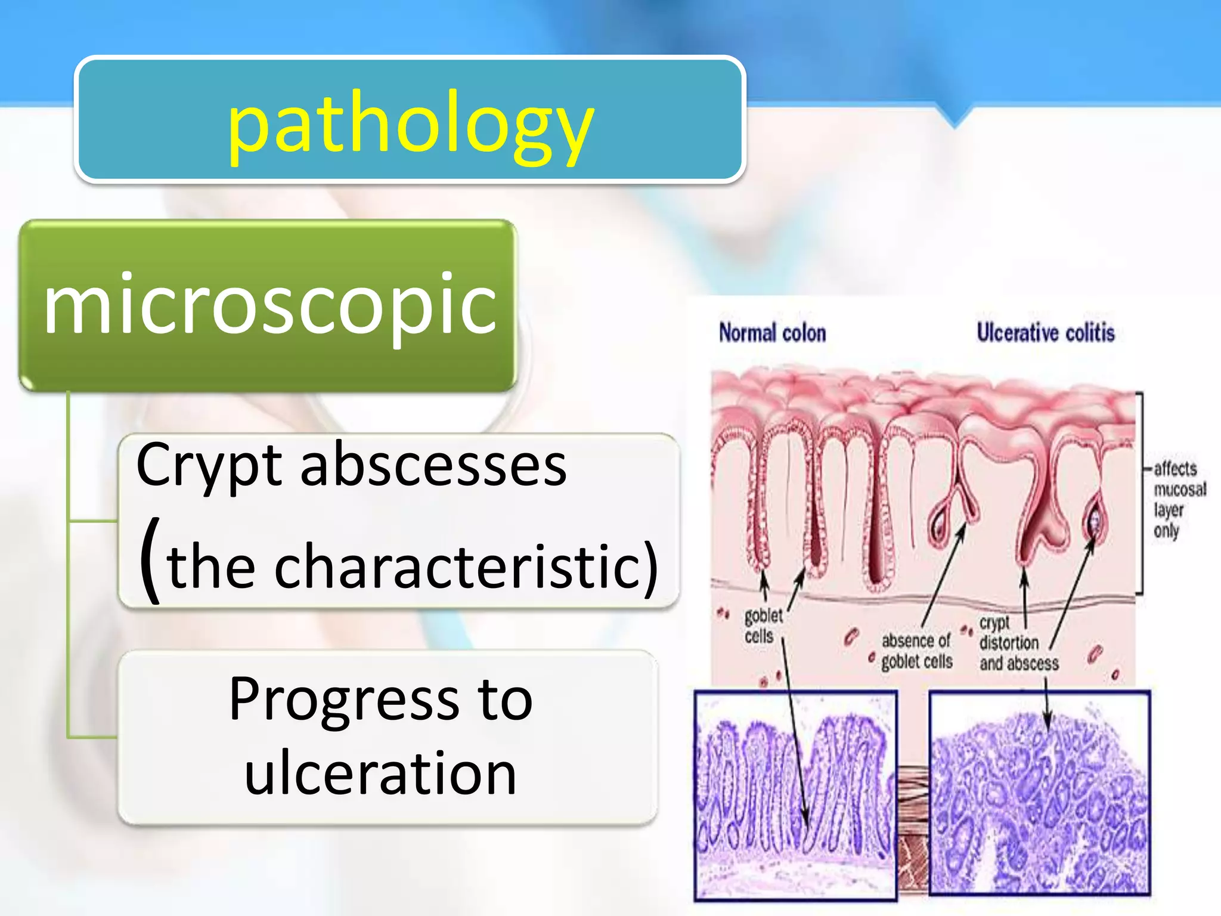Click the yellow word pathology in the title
410,126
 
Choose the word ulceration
380,773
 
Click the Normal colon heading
772,333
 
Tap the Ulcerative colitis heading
1045,333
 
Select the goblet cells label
763,625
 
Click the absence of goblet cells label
916,651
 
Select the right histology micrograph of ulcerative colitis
1039,793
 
